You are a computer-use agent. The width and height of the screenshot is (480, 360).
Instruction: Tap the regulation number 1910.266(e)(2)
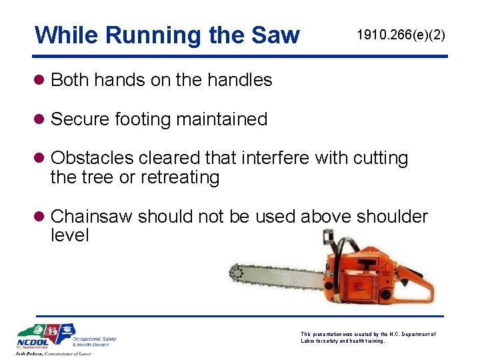pyautogui.click(x=401, y=34)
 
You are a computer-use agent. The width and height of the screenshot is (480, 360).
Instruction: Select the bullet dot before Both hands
pyautogui.click(x=41, y=81)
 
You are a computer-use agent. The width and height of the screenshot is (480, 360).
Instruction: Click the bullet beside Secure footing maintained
pyautogui.click(x=41, y=120)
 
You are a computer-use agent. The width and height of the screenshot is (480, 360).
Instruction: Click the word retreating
pyautogui.click(x=180, y=177)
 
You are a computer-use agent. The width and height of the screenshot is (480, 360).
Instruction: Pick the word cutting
pyautogui.click(x=381, y=158)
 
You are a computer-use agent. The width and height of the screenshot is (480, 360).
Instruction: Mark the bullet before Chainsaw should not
pyautogui.click(x=41, y=217)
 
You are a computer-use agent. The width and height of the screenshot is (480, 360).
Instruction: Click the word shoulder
pyautogui.click(x=393, y=217)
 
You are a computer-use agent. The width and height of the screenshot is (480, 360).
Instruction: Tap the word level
pyautogui.click(x=69, y=235)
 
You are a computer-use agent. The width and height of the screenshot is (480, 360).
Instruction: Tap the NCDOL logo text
pyautogui.click(x=33, y=344)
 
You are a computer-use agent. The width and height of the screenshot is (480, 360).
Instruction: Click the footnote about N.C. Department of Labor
pyautogui.click(x=368, y=337)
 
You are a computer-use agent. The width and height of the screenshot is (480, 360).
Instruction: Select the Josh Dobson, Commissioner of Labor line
pyautogui.click(x=54, y=354)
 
